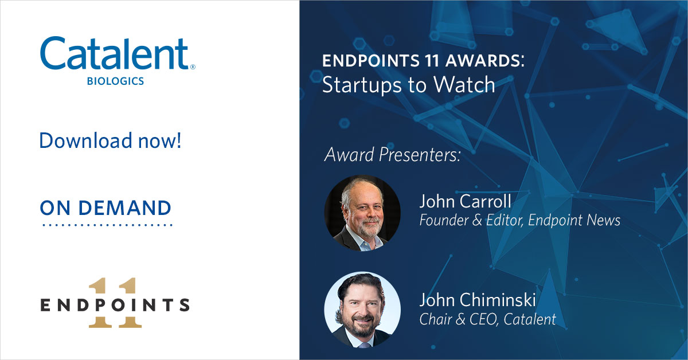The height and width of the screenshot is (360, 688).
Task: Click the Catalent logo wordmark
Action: (x=114, y=55)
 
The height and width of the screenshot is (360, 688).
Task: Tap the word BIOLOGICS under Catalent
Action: (x=115, y=81)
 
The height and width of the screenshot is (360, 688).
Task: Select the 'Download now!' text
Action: (x=110, y=140)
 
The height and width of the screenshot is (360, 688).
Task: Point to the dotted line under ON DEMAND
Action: (x=107, y=225)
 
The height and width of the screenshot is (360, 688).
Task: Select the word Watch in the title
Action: (x=464, y=84)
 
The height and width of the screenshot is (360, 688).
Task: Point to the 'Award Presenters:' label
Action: (x=393, y=155)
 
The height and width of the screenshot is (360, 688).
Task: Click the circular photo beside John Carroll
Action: (x=362, y=213)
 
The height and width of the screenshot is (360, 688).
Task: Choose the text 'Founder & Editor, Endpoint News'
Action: (x=519, y=220)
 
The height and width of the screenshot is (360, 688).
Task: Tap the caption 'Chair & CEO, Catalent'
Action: (x=487, y=319)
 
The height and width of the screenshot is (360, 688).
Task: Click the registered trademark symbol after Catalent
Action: (x=192, y=67)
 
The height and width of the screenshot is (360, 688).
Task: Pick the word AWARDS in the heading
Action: (x=482, y=62)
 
